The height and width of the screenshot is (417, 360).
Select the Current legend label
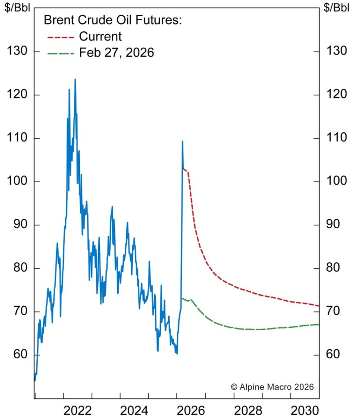point(100,36)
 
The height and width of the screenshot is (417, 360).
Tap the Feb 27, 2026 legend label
point(116,53)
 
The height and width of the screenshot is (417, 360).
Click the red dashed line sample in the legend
point(61,37)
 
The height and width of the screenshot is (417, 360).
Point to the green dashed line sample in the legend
point(61,53)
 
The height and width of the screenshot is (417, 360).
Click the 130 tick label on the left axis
point(18,51)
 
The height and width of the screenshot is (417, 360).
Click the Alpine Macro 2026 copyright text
point(272,386)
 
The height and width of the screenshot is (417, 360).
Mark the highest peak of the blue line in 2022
point(75,79)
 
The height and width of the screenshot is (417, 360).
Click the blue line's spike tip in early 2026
point(182,141)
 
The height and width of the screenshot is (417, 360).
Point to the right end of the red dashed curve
point(318,305)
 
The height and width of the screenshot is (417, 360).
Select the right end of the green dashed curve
point(318,325)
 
